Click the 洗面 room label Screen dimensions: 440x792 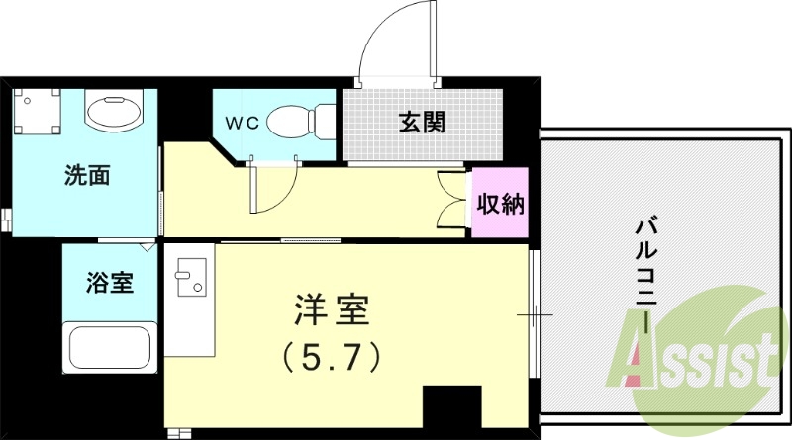[x=86, y=176]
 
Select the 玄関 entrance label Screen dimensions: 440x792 [x=421, y=123]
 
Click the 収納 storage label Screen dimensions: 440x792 [x=501, y=205]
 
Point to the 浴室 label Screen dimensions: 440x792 [x=109, y=282]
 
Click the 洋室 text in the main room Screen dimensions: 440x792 [x=333, y=310]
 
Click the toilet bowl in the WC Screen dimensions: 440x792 [x=303, y=121]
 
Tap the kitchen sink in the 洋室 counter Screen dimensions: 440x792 [x=192, y=277]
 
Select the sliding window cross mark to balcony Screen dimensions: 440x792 [x=536, y=315]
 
